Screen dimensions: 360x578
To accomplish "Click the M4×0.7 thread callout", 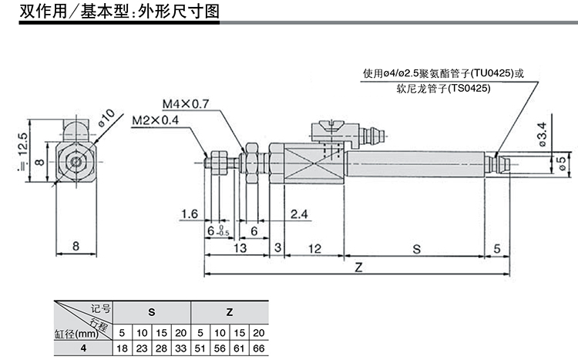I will [x=186, y=104].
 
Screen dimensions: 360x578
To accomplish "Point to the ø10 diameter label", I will [x=106, y=119].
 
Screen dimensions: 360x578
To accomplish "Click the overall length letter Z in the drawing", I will [x=358, y=267].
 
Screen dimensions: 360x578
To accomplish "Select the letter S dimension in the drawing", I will [x=416, y=249].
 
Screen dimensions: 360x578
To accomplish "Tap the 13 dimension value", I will [x=239, y=249].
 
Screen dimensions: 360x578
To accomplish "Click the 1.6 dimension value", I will [x=190, y=214].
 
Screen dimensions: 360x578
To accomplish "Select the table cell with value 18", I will [x=122, y=348].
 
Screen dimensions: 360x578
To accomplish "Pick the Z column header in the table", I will [x=230, y=312].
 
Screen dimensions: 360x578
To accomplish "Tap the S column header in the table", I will [x=150, y=312].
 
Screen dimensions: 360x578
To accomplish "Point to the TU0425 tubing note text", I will [x=442, y=75].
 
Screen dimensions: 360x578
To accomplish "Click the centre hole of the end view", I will [x=76, y=163].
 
